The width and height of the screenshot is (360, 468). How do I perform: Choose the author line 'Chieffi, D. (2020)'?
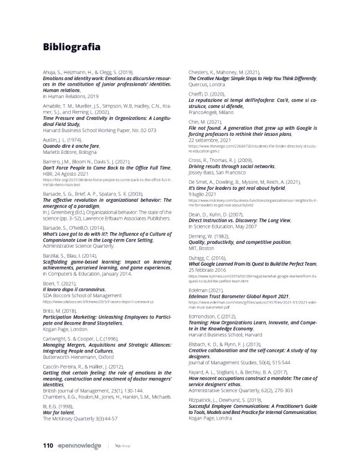[x=208, y=92]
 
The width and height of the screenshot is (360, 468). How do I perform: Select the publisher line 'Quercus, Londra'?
[x=208, y=84]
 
